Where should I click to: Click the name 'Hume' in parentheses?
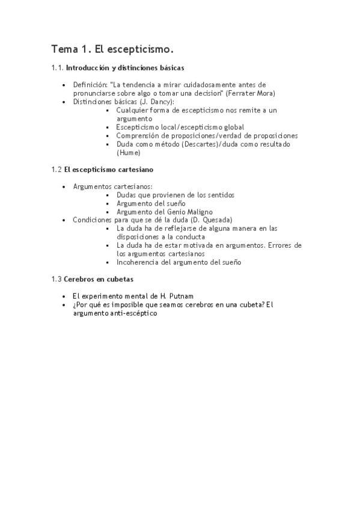click(129, 153)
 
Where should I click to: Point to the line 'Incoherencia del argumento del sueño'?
click(179, 262)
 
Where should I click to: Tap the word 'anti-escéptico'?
click(133, 313)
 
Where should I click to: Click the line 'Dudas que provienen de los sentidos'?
click(175, 195)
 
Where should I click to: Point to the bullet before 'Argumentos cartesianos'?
click(64, 187)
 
